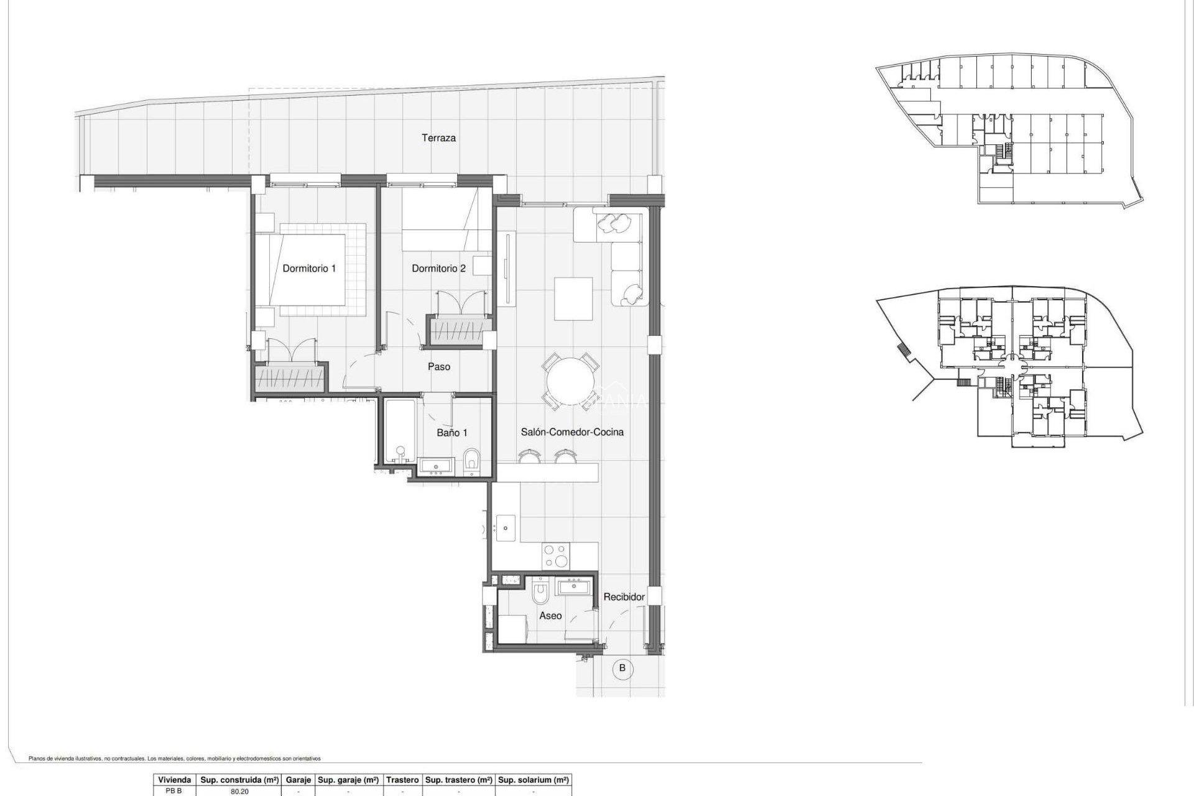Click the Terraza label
(x=438, y=138)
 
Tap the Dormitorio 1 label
(x=309, y=269)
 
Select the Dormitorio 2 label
(x=438, y=269)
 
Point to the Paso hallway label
(x=438, y=367)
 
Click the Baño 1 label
(x=451, y=433)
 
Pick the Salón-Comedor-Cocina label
(x=572, y=432)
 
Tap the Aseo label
(x=550, y=616)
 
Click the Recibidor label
(x=624, y=597)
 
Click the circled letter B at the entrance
(x=622, y=669)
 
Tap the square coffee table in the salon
(x=573, y=298)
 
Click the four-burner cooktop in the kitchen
(x=555, y=557)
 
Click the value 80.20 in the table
(x=239, y=792)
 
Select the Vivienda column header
(x=174, y=780)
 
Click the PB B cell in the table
(x=174, y=792)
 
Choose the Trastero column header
(x=402, y=780)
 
